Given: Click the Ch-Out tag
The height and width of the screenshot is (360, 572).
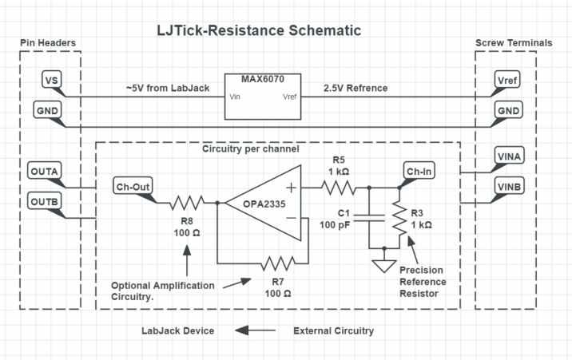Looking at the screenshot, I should coord(133,188).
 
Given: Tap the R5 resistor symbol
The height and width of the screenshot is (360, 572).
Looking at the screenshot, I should coord(339,188).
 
